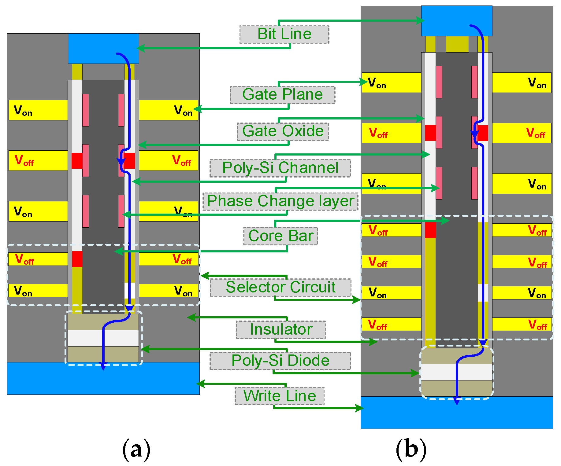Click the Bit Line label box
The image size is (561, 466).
[284, 34]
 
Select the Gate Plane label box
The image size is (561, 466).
[282, 95]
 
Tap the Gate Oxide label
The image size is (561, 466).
[283, 131]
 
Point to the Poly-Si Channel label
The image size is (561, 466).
[280, 168]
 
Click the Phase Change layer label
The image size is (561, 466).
[280, 201]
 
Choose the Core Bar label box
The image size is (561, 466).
[280, 236]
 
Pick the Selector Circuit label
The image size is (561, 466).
[280, 287]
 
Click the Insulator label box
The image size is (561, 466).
[280, 329]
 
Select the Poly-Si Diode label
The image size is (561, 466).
[280, 361]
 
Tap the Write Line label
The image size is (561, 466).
[279, 396]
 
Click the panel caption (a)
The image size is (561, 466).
[136, 449]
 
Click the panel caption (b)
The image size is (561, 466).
[411, 449]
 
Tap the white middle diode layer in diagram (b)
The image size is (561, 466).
[440, 372]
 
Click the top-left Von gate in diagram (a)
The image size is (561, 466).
[38, 110]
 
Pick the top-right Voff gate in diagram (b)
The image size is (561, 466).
[522, 133]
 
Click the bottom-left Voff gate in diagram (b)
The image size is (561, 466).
[391, 324]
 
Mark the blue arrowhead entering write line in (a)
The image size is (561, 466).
[103, 366]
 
